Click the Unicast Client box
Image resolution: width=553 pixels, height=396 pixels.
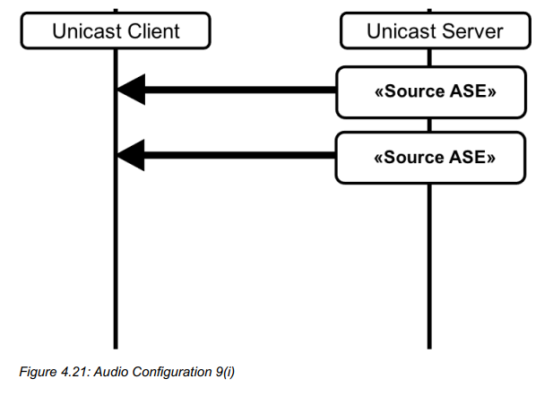(116, 32)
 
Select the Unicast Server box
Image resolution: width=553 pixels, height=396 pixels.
(435, 32)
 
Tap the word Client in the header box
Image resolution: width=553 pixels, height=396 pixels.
(150, 32)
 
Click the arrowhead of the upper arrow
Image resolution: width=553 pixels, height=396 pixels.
(132, 90)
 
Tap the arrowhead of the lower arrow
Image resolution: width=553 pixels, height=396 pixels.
(132, 156)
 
